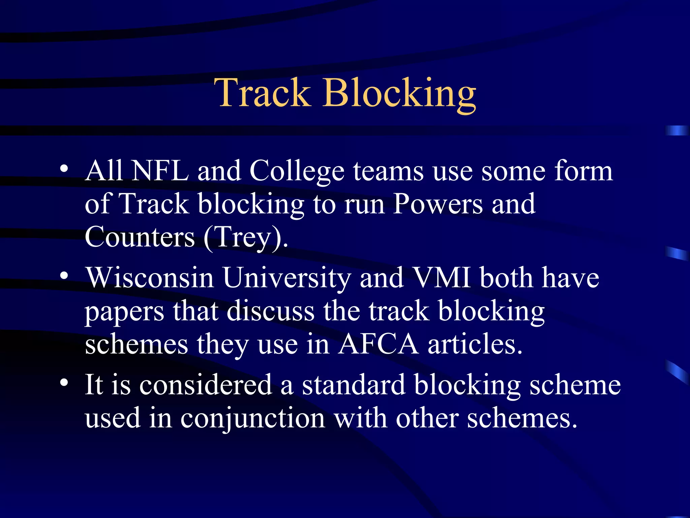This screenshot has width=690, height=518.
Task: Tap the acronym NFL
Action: tap(160, 171)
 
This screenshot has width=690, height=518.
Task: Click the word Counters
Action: tap(140, 237)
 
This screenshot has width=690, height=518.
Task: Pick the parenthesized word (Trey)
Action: tap(246, 238)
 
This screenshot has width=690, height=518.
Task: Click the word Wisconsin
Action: tap(150, 278)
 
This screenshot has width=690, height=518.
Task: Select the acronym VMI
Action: tap(442, 278)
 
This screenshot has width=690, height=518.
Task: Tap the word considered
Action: tap(206, 385)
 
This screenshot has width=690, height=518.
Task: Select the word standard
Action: tap(353, 385)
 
